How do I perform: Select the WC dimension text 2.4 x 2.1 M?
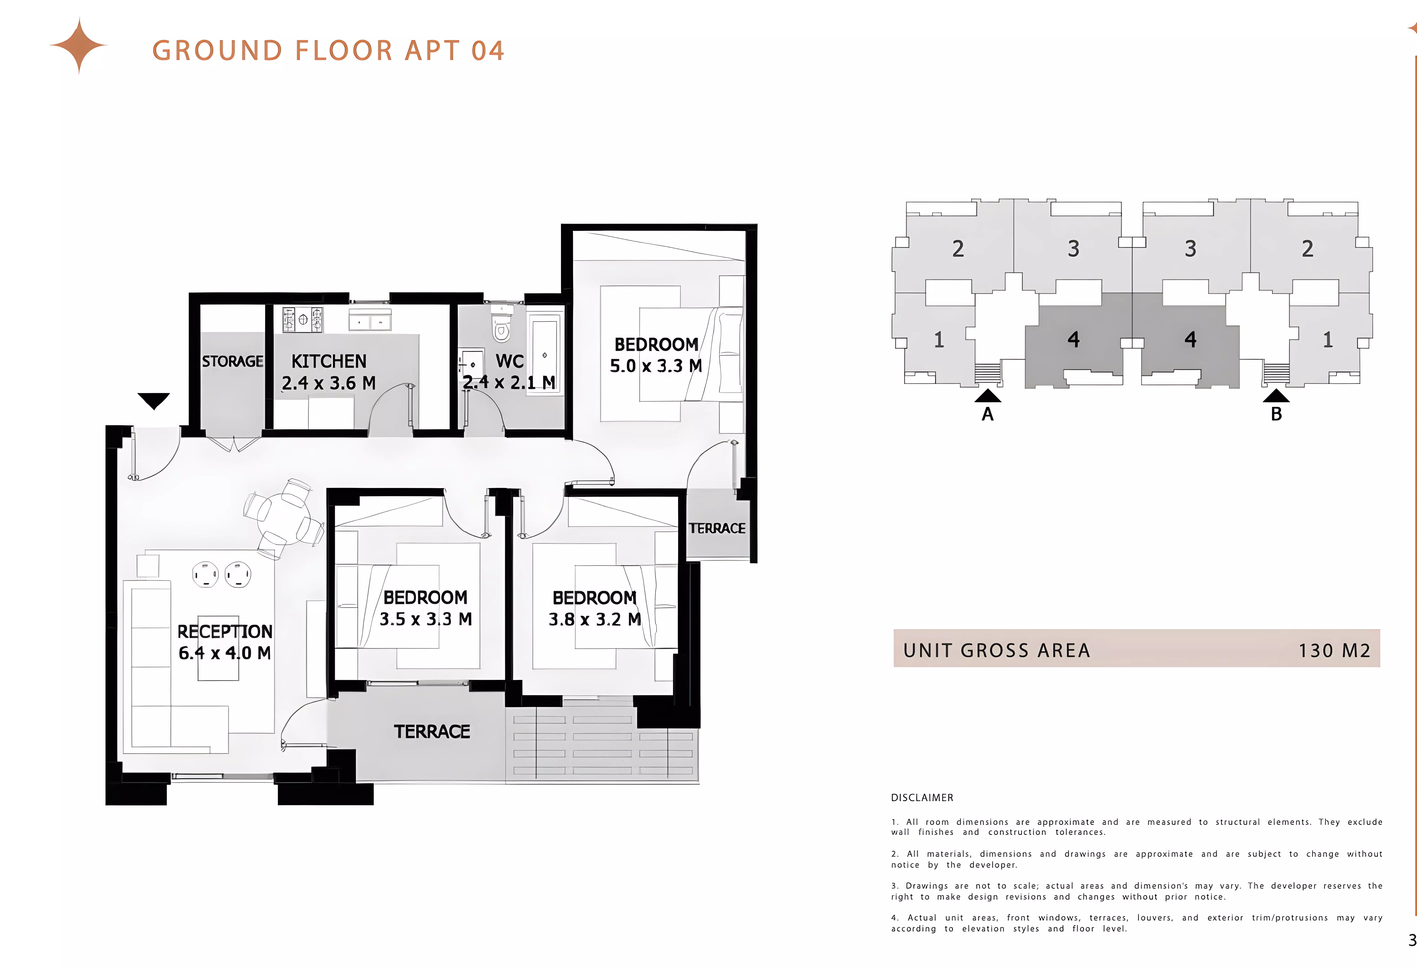click(x=509, y=382)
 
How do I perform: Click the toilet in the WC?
click(x=501, y=326)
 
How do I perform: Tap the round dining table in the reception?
click(x=284, y=518)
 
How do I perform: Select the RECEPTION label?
click(x=225, y=631)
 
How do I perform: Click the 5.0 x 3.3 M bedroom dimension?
click(x=656, y=366)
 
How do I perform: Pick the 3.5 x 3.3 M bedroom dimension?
click(x=426, y=619)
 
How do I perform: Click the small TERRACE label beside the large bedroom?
click(x=717, y=528)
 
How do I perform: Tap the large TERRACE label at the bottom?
click(x=432, y=731)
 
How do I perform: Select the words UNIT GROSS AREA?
click(x=996, y=650)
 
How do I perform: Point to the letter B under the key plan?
click(x=1276, y=414)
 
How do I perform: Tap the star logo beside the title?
click(x=79, y=46)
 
